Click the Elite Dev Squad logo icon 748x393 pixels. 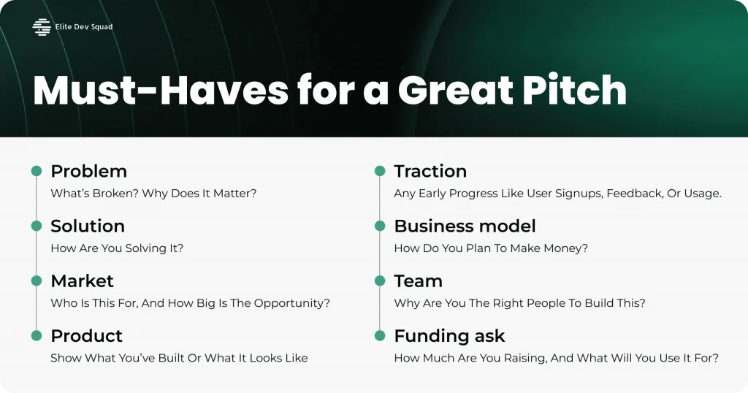[42, 27]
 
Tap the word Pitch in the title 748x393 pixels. [574, 90]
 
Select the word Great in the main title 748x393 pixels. [455, 90]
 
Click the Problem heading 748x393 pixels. [88, 171]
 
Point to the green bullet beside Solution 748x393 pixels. [37, 226]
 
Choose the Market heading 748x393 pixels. [82, 281]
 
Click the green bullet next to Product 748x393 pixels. [37, 335]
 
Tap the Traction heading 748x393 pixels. [430, 171]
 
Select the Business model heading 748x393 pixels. [465, 226]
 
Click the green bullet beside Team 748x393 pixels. [380, 281]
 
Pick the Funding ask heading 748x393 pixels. [449, 336]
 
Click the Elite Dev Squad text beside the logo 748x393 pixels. [84, 27]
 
